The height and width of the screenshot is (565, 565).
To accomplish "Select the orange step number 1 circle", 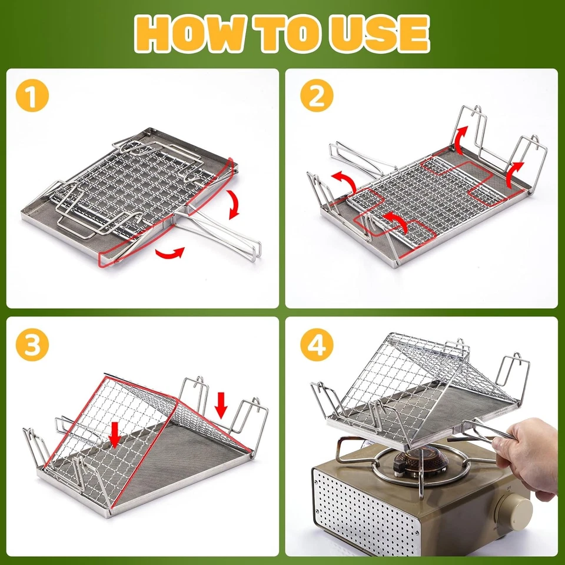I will [33, 97].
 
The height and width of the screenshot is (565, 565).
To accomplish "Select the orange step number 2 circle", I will [317, 97].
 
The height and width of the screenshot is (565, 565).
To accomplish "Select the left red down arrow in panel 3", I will [115, 433].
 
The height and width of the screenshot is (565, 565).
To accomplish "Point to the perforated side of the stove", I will [359, 512].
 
